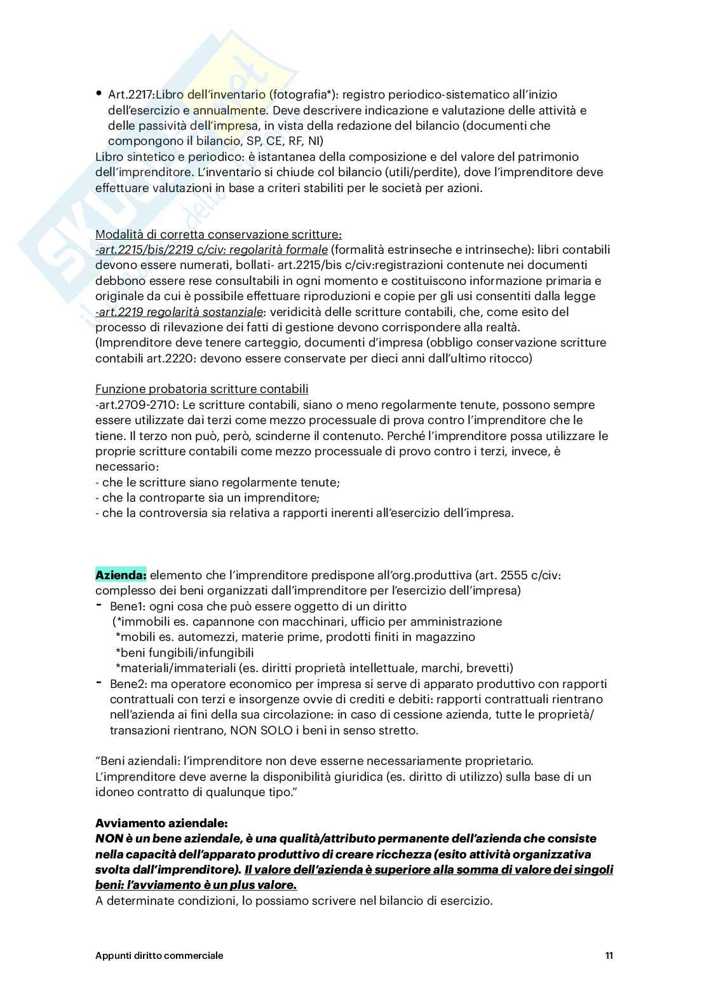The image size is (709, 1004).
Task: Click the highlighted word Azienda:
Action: pyautogui.click(x=121, y=575)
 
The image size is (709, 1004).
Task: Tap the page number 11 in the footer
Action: pyautogui.click(x=609, y=956)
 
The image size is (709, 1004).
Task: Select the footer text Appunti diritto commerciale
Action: pyautogui.click(x=159, y=956)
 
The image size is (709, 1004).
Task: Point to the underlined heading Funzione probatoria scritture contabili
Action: pyautogui.click(x=201, y=389)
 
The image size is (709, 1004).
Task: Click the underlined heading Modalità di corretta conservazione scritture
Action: pyautogui.click(x=218, y=234)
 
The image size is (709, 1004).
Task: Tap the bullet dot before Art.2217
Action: pyautogui.click(x=99, y=93)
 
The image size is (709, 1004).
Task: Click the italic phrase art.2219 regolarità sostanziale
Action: pyautogui.click(x=179, y=312)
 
